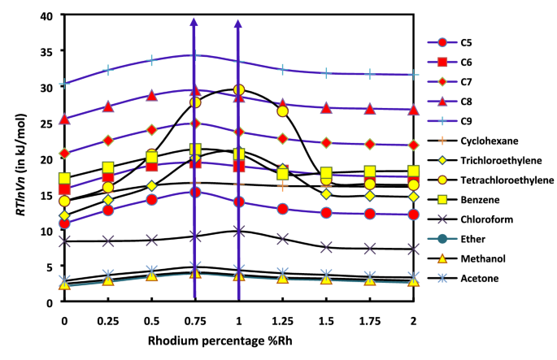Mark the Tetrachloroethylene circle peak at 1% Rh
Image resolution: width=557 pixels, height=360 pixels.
tap(239, 89)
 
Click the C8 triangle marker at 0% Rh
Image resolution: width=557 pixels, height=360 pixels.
tap(64, 119)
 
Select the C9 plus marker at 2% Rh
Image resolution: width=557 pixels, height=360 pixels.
tap(414, 74)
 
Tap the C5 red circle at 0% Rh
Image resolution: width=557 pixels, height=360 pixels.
tap(64, 223)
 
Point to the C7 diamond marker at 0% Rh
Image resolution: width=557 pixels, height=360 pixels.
tap(64, 153)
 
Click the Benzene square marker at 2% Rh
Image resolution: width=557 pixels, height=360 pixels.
tap(414, 171)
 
